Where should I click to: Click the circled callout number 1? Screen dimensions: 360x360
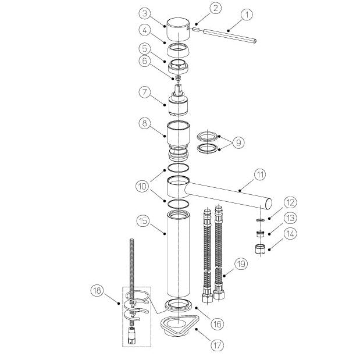(x=247, y=15)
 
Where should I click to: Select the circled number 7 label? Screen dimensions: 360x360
(x=145, y=92)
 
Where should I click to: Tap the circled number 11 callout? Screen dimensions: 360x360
(x=260, y=174)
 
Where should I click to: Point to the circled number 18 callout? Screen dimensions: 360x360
(x=97, y=290)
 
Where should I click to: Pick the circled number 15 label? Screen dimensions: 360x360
(x=143, y=222)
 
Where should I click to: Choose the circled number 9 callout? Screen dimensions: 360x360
(x=238, y=142)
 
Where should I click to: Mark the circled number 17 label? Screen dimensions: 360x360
(x=217, y=345)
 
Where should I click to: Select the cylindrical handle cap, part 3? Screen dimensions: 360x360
(x=178, y=30)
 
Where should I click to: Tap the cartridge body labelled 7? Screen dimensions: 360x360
(x=179, y=101)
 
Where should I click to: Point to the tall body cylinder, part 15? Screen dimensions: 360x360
(x=178, y=254)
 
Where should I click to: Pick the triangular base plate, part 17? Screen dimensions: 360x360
(x=178, y=325)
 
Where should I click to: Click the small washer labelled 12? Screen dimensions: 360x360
(x=260, y=220)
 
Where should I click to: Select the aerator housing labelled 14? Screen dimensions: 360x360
(x=260, y=249)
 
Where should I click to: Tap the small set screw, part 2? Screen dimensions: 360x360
(x=196, y=30)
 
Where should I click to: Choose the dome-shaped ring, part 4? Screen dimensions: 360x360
(x=178, y=50)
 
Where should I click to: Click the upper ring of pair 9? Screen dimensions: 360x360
(x=208, y=137)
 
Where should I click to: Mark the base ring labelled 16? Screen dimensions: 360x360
(x=178, y=305)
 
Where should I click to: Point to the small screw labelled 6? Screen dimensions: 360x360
(x=178, y=78)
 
